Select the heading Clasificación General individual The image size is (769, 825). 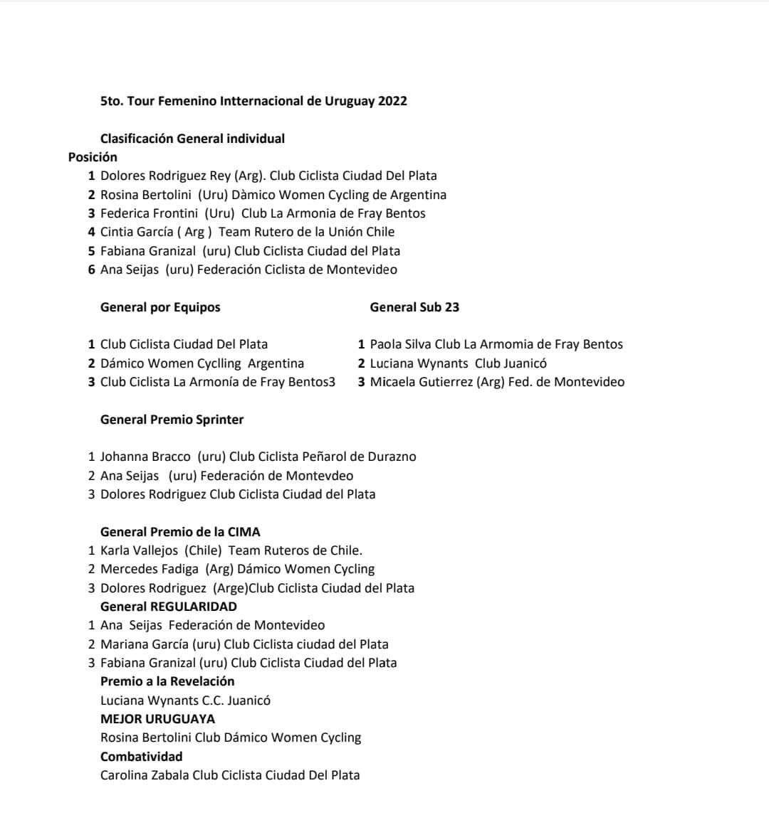192,139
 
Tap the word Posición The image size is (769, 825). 93,157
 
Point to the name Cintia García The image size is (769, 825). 136,232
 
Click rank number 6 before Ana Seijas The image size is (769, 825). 92,270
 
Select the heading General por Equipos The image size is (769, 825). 160,307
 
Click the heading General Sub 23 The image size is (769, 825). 414,307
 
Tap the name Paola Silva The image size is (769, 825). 400,344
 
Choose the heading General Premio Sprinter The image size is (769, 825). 172,420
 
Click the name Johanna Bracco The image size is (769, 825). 145,457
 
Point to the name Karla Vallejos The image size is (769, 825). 140,550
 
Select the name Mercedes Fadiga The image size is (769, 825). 150,569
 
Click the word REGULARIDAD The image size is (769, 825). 194,607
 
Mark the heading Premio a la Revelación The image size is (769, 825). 167,681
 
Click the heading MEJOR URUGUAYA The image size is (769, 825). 157,719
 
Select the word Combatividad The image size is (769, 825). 141,757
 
